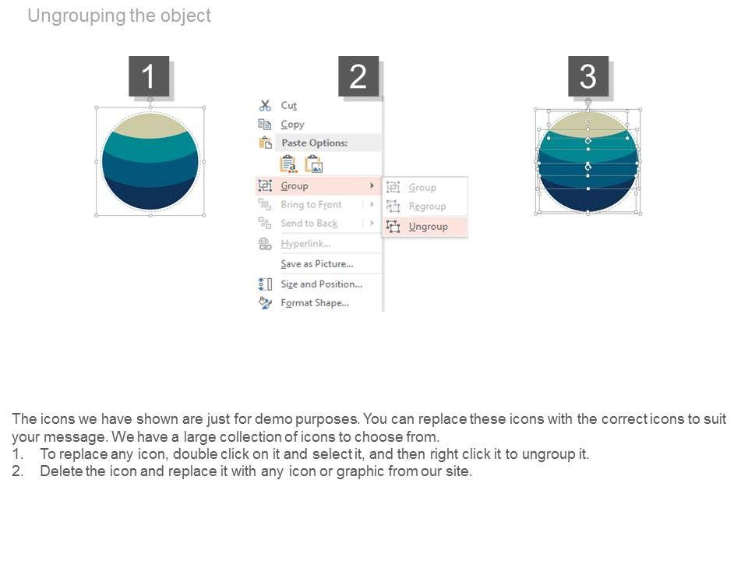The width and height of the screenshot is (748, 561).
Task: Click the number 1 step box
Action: [x=149, y=76]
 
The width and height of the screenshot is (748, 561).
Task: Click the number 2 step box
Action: [x=358, y=76]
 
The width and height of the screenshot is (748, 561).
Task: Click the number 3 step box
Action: [x=587, y=76]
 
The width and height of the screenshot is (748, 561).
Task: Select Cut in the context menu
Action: [x=288, y=105]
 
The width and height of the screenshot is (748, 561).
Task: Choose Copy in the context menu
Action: [x=292, y=125]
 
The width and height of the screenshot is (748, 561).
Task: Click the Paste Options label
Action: [x=314, y=143]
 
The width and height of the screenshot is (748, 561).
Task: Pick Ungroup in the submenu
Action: [x=428, y=227]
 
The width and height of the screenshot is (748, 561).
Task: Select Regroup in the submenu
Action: [x=427, y=206]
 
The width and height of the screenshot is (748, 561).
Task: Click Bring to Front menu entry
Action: [x=311, y=205]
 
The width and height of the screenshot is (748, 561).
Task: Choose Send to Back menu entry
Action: [x=309, y=224]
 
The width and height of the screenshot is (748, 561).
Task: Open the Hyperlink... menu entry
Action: [x=305, y=244]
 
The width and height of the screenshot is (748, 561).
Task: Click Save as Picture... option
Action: [x=317, y=264]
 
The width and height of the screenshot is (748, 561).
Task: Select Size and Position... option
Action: [x=322, y=284]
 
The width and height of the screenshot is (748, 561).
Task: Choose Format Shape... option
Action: [x=315, y=303]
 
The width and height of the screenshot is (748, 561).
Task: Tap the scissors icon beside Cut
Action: [x=265, y=105]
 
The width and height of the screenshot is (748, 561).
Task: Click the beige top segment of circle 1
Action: [x=150, y=124]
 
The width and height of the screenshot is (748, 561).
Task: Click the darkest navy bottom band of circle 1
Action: [x=150, y=196]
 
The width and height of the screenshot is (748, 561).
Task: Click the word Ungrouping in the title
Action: [x=76, y=16]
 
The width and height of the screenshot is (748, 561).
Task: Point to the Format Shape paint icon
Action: [x=265, y=303]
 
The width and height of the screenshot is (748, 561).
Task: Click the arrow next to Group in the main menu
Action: [x=372, y=185]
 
